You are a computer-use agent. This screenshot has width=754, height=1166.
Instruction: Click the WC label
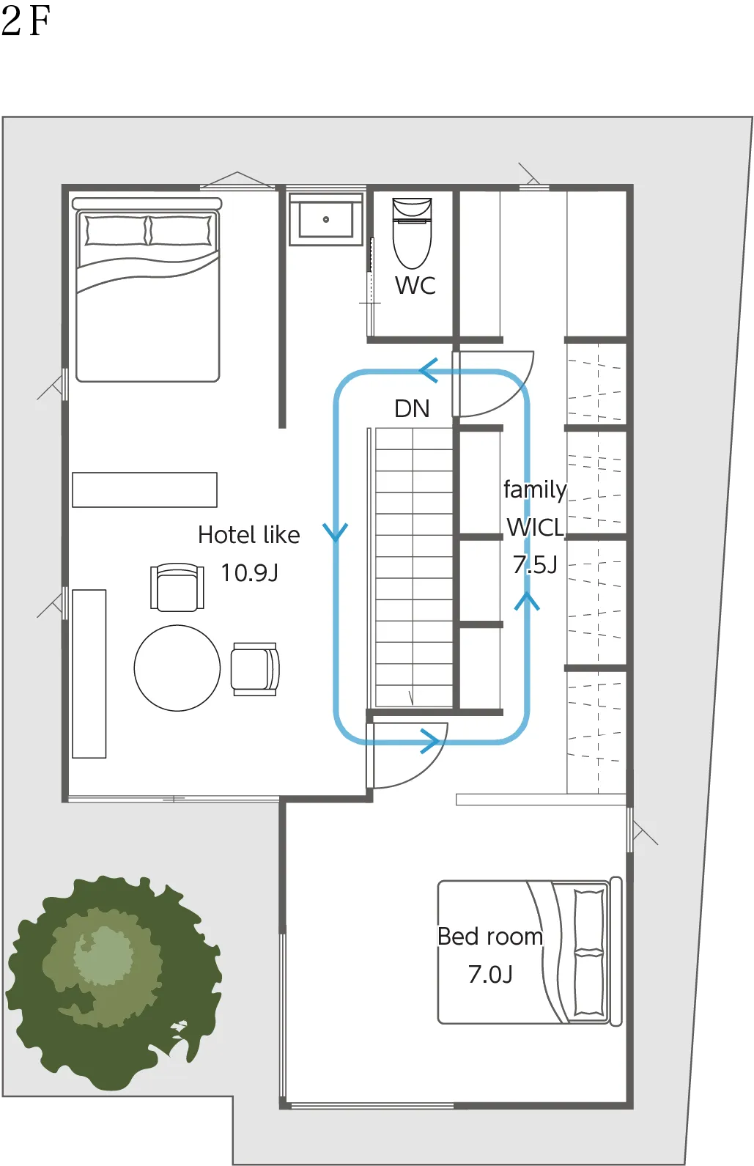[x=415, y=285]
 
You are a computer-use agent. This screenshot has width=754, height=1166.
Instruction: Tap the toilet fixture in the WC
[x=412, y=232]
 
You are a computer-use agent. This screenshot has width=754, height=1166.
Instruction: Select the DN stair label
[x=412, y=409]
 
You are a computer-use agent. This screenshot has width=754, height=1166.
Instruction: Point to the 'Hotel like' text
[x=248, y=534]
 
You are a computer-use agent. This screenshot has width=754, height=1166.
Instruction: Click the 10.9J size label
[x=249, y=572]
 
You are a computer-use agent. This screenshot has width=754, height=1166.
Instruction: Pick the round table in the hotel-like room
[x=177, y=668]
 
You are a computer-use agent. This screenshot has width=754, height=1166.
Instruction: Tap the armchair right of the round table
[x=255, y=669]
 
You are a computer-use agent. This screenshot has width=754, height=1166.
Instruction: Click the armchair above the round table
[x=177, y=586]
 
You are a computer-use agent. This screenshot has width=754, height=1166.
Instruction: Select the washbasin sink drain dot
[x=326, y=219]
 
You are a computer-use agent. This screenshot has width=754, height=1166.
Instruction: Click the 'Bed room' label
[x=490, y=937]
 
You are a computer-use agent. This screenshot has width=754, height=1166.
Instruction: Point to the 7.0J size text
[x=490, y=975]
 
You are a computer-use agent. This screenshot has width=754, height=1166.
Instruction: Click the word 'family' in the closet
[x=535, y=490]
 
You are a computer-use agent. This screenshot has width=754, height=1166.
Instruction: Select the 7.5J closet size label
[x=535, y=564]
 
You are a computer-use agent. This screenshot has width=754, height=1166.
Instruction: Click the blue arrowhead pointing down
[x=335, y=532]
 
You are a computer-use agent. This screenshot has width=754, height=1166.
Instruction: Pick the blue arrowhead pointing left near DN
[x=429, y=370]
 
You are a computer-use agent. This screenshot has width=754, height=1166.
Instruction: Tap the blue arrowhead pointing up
[x=527, y=601]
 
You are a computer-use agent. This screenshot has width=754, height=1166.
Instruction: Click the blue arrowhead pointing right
[x=430, y=741]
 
